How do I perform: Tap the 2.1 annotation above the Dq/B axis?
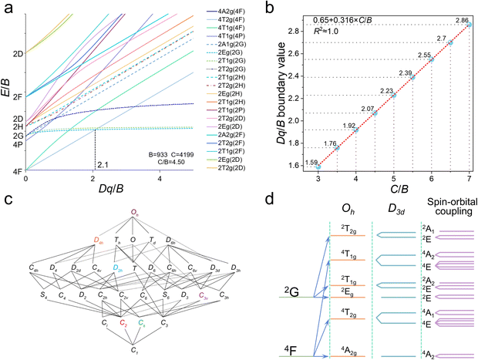pyautogui.click(x=103, y=164)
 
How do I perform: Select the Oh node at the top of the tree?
pyautogui.click(x=134, y=210)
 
